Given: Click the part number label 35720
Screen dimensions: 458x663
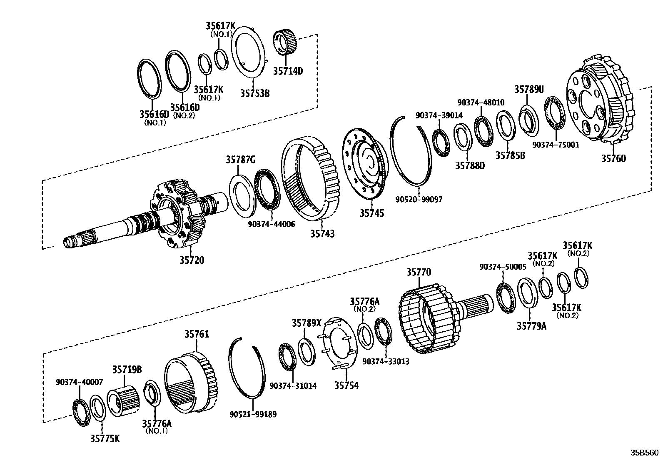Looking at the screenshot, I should (x=192, y=260).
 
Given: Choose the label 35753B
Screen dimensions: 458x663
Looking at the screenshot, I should (x=254, y=93).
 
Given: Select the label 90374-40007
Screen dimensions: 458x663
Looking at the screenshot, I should (x=80, y=382).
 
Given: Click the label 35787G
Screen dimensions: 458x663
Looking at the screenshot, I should (x=241, y=159).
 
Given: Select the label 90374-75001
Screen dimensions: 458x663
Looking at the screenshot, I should (x=556, y=145).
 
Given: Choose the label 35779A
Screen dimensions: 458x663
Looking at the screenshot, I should (x=531, y=326).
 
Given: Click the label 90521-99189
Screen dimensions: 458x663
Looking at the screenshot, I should (x=253, y=414).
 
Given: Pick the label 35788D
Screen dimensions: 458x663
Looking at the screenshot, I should (x=470, y=165).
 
